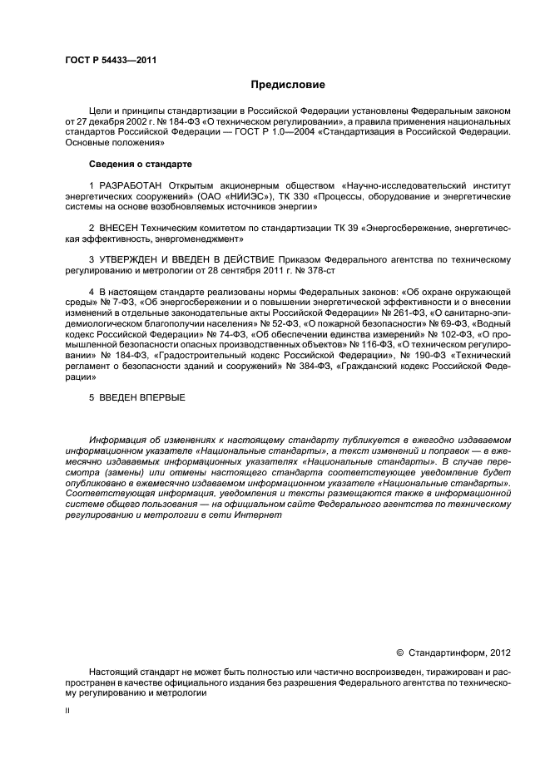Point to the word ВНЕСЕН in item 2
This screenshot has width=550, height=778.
click(x=120, y=226)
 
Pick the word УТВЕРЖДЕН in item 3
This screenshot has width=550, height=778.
click(x=134, y=259)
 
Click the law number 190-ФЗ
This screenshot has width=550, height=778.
click(x=429, y=356)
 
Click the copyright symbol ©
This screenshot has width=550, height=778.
click(x=399, y=653)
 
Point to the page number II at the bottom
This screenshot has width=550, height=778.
click(x=67, y=710)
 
